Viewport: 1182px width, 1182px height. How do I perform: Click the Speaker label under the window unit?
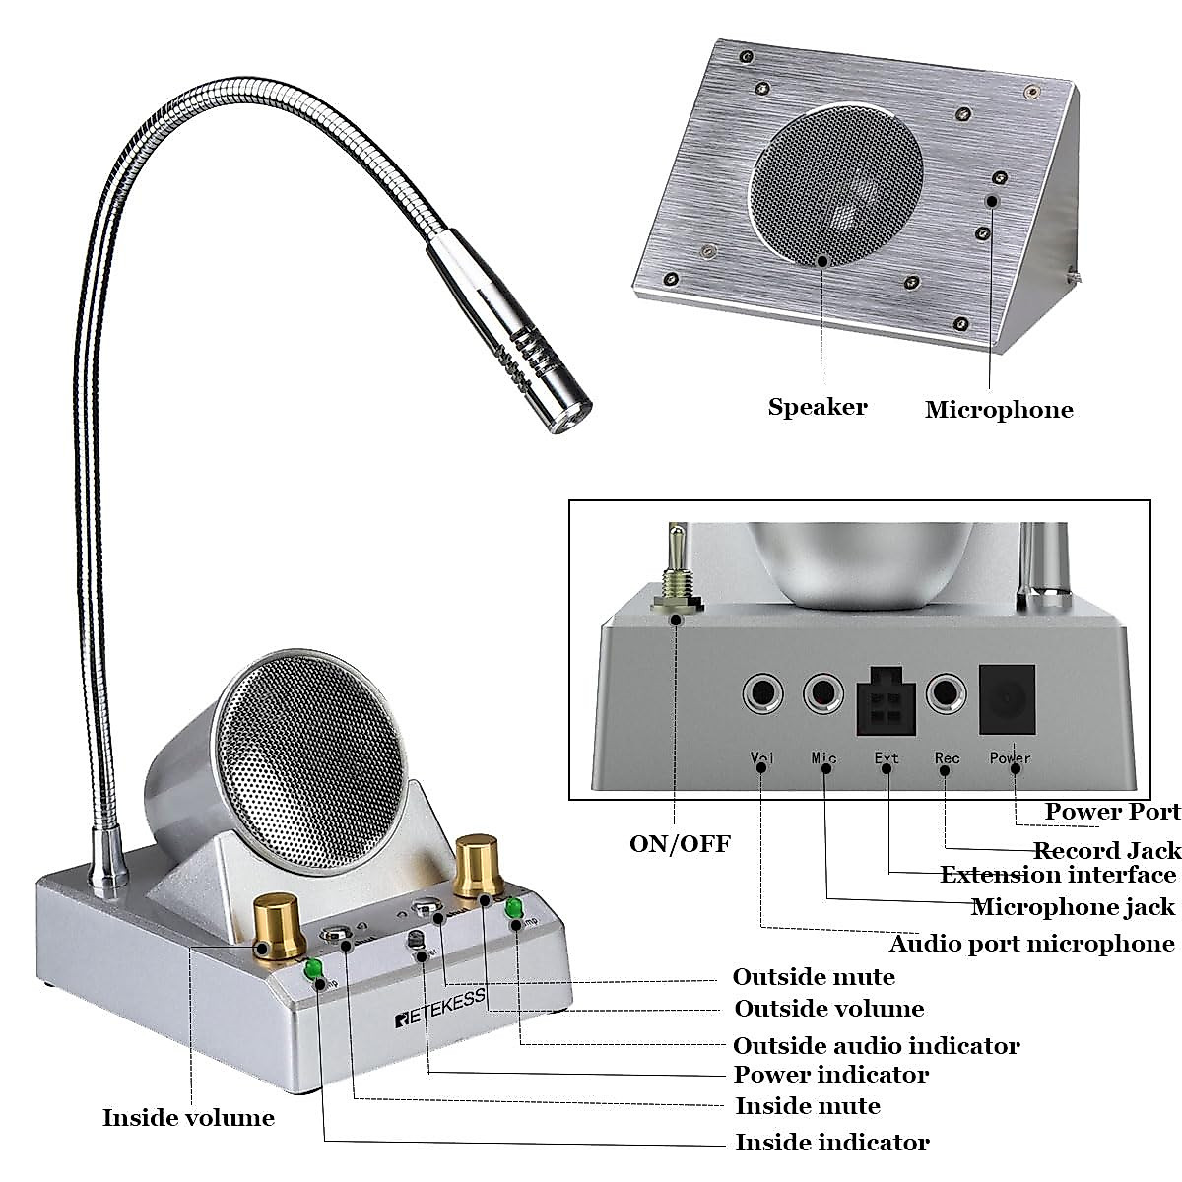tap(818, 407)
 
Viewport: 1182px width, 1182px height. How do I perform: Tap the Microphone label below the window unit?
tap(999, 410)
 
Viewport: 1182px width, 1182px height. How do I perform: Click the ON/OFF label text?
tap(680, 844)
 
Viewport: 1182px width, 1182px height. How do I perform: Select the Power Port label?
tap(1112, 812)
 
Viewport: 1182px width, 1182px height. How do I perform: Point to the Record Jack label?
tap(1106, 850)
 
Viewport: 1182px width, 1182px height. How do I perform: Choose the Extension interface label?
tap(1058, 875)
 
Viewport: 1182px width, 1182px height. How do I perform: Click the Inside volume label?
tap(188, 1118)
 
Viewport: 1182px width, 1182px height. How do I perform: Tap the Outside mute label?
tap(814, 977)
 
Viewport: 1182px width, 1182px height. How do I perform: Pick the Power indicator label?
tap(830, 1074)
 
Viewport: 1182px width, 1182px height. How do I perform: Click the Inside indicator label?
tap(831, 1143)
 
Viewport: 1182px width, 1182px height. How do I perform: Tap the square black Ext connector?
tap(886, 702)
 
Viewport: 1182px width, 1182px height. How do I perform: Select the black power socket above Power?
tap(1008, 697)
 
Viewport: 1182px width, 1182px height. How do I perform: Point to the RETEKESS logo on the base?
tap(440, 1010)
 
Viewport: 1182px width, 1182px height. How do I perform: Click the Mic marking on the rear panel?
tap(823, 758)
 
